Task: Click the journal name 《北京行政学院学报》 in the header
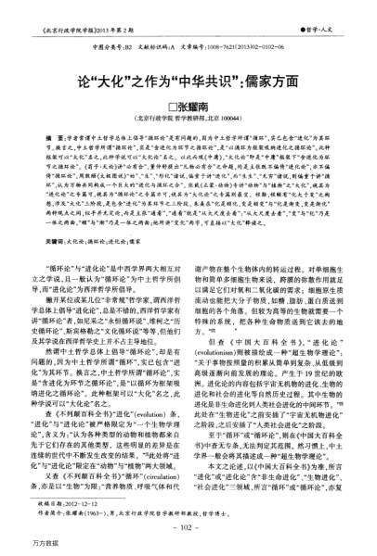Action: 75,19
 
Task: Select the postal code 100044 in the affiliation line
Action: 244,118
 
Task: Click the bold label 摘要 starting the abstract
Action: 56,136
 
